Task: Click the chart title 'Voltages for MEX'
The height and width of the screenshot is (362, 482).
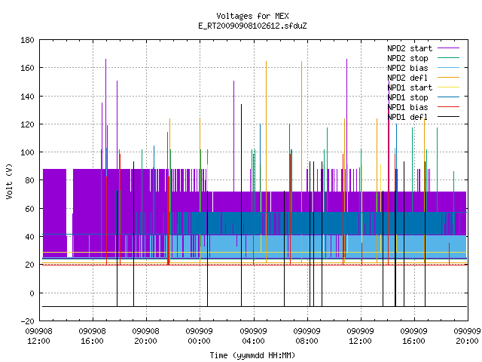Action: click(252, 16)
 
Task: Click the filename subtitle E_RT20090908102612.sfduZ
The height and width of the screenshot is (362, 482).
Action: click(252, 26)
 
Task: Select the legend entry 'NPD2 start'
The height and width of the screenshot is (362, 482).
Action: click(410, 48)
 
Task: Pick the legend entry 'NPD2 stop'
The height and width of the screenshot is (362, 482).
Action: click(407, 58)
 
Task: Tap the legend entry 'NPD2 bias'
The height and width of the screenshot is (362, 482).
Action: click(407, 68)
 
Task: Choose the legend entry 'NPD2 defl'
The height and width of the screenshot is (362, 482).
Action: click(407, 78)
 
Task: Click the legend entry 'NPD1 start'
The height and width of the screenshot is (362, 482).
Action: click(410, 87)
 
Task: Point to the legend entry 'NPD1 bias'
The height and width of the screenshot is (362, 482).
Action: click(407, 107)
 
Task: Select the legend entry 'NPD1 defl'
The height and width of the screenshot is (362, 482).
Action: click(407, 118)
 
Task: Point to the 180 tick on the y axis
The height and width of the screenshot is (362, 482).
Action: click(27, 40)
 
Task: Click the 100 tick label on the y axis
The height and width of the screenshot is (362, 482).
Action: click(27, 152)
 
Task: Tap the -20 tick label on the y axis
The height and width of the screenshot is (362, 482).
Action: click(27, 321)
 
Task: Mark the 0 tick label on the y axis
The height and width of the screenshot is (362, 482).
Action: click(32, 293)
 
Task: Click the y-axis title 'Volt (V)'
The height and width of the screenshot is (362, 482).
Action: click(9, 181)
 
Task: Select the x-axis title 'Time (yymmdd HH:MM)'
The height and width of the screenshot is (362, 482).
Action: click(252, 355)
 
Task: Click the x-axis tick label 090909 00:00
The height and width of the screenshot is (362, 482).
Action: click(199, 336)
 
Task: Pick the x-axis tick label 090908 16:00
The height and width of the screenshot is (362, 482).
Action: click(92, 336)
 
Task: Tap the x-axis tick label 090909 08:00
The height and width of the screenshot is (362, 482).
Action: click(307, 336)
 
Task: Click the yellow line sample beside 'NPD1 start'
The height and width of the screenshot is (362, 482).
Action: click(448, 87)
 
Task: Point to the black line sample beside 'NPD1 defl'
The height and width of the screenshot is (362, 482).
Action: click(448, 117)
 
